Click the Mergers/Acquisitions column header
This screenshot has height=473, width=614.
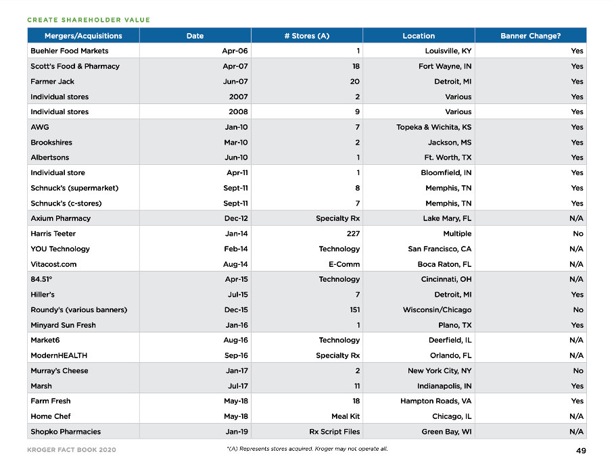(83, 36)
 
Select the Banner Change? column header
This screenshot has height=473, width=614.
(530, 36)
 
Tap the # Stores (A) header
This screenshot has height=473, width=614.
(306, 36)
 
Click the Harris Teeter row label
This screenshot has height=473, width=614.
(53, 234)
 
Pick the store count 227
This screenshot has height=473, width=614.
(352, 234)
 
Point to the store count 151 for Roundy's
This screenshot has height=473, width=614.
(354, 310)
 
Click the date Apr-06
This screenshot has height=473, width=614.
(235, 51)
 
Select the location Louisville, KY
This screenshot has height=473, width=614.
(448, 51)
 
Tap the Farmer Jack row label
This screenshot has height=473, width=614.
(52, 82)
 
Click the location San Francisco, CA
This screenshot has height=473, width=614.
(440, 249)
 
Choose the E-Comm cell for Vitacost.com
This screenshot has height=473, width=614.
(344, 264)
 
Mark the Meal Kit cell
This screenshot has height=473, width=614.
(345, 416)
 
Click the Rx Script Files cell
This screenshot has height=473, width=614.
(334, 432)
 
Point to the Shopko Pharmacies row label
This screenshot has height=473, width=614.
(66, 432)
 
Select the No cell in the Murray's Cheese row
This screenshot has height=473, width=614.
(577, 371)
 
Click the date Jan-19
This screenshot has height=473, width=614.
(237, 432)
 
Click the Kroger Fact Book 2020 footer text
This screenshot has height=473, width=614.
(72, 450)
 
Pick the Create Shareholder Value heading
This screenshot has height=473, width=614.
(89, 20)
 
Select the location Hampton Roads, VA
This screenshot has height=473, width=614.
(435, 401)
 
